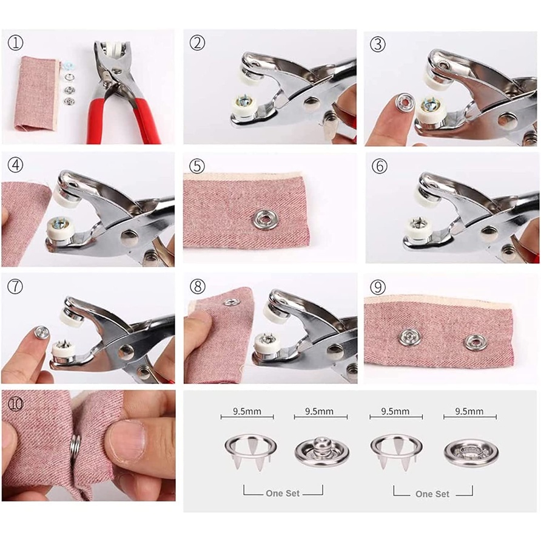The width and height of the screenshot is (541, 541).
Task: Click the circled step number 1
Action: [15, 43]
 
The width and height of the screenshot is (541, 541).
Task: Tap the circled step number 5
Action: [197, 166]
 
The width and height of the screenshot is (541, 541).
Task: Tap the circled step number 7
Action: [15, 287]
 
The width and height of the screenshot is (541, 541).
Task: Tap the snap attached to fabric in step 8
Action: [229, 301]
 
